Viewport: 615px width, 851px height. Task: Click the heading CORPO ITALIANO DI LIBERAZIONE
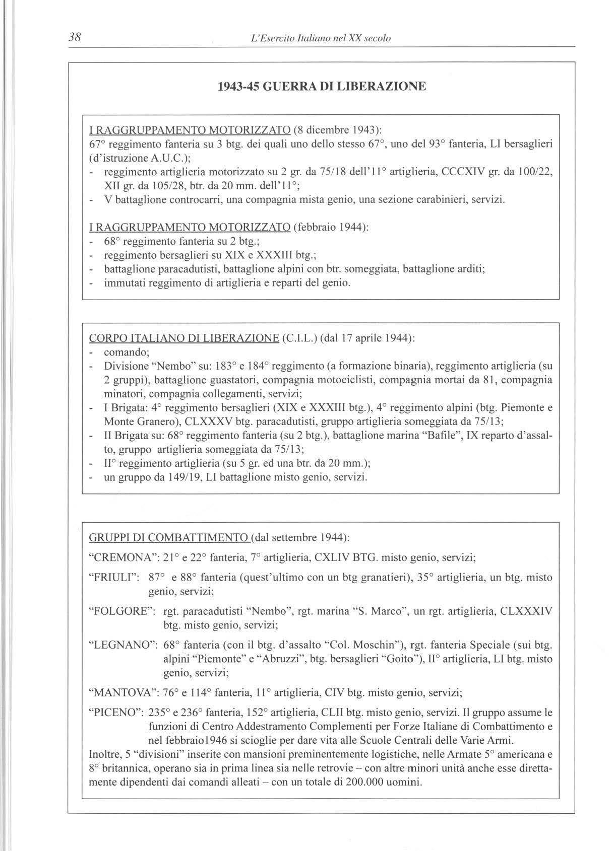[184, 337]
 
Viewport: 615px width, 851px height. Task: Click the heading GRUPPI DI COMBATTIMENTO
[168, 537]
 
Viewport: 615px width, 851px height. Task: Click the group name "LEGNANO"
[120, 645]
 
